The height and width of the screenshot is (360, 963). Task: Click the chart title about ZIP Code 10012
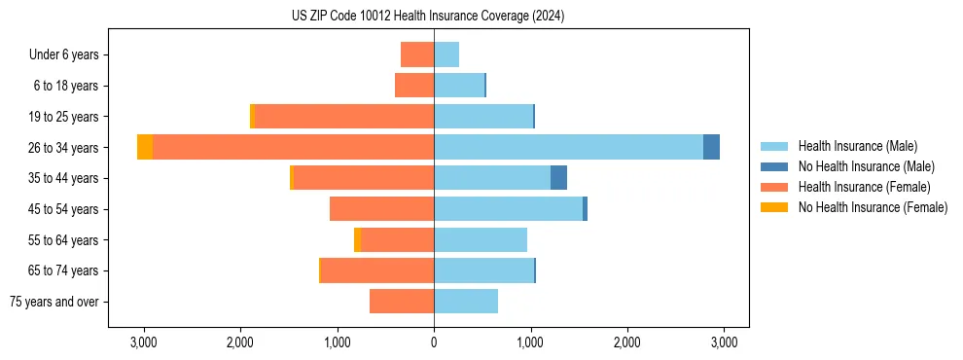(x=428, y=17)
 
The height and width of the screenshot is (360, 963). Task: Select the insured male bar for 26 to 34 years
(x=568, y=147)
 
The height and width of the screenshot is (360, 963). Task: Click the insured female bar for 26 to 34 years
(x=293, y=147)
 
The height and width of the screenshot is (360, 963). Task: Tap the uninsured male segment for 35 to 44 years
(x=558, y=178)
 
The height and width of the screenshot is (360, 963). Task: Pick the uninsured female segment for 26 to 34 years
(x=145, y=147)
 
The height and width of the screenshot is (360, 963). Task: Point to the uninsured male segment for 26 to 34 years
(x=711, y=147)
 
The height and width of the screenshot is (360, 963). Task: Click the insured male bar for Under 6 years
(x=446, y=54)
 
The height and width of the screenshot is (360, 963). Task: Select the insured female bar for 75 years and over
(x=402, y=302)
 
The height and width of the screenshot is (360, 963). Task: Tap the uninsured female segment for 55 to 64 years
(x=357, y=239)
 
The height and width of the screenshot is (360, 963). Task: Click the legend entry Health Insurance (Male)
(x=856, y=146)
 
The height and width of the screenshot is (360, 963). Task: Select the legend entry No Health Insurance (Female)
(x=873, y=207)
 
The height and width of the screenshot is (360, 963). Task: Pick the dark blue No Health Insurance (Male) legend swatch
(x=775, y=166)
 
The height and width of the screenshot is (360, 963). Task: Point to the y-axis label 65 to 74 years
(x=64, y=270)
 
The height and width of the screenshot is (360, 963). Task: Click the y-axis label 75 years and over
(x=54, y=302)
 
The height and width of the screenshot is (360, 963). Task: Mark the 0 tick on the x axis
(x=434, y=342)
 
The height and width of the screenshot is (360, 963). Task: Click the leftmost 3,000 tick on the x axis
(x=143, y=342)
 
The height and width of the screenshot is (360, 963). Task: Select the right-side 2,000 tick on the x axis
(x=627, y=342)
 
